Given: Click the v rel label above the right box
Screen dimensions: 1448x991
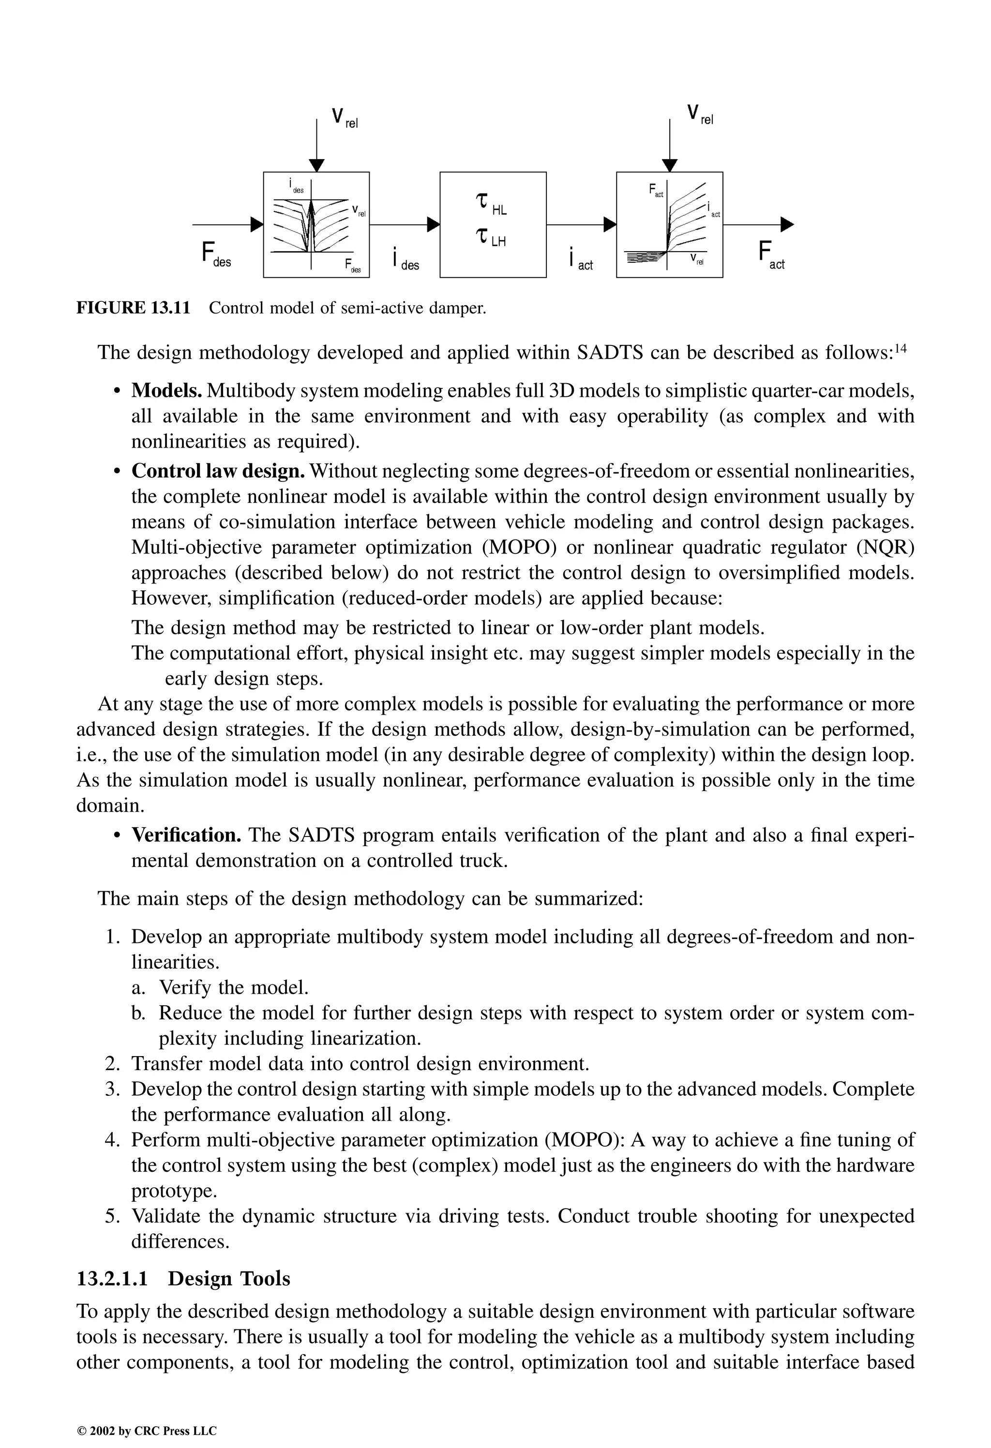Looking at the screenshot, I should [x=699, y=115].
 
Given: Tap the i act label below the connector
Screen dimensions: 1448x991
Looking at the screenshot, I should [x=580, y=258].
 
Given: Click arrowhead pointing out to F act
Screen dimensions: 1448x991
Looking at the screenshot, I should [x=787, y=225].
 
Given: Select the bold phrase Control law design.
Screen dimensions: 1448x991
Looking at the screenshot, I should [x=218, y=471].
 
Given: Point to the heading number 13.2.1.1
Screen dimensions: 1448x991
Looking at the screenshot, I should [x=112, y=1279].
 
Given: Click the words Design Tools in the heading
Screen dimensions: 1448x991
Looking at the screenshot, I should [x=229, y=1279].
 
